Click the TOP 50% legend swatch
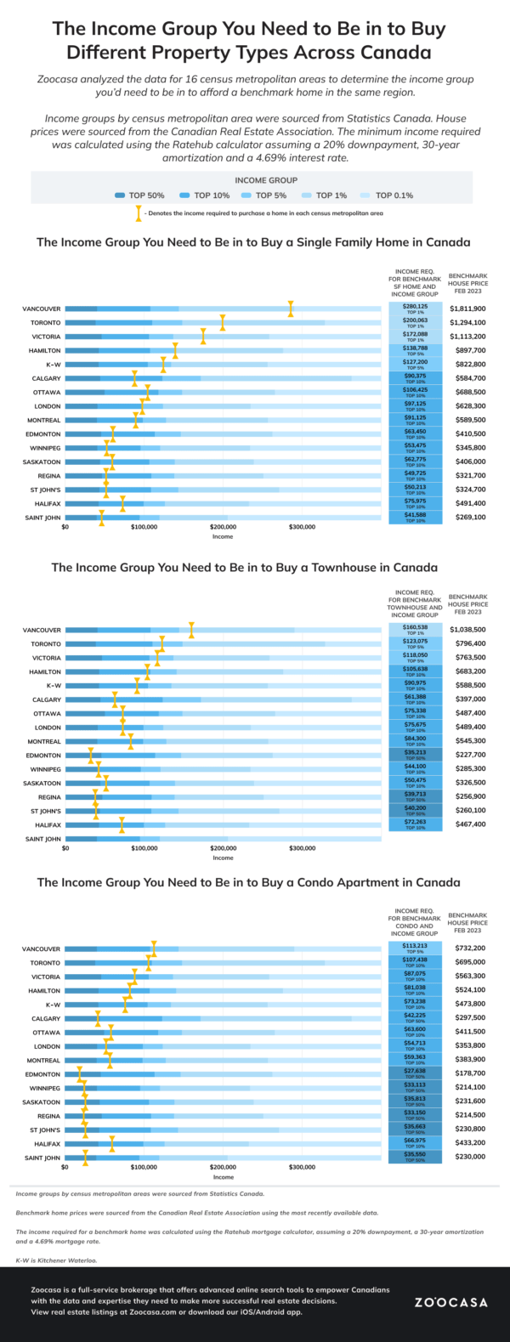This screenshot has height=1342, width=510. pos(120,195)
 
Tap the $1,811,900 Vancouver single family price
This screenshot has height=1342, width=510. pos(467,309)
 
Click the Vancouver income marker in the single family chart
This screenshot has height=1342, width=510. pos(291,309)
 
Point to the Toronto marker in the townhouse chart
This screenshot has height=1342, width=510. pos(162,644)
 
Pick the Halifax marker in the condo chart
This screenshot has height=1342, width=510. pos(111,1144)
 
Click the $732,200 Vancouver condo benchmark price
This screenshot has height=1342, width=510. pos(467,948)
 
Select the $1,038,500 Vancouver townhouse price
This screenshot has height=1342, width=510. pos(467,630)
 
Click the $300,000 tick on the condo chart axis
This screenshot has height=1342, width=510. pos(302,1167)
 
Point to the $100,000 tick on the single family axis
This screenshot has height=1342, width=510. pos(144,527)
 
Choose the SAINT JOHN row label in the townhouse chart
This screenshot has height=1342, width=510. pos(42,839)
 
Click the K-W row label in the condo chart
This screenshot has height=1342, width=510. pos(53,1005)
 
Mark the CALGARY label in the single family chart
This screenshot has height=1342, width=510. pos(46,378)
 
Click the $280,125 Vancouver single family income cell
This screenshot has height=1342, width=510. pos(416,309)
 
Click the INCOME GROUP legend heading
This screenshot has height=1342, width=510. pos(266,180)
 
